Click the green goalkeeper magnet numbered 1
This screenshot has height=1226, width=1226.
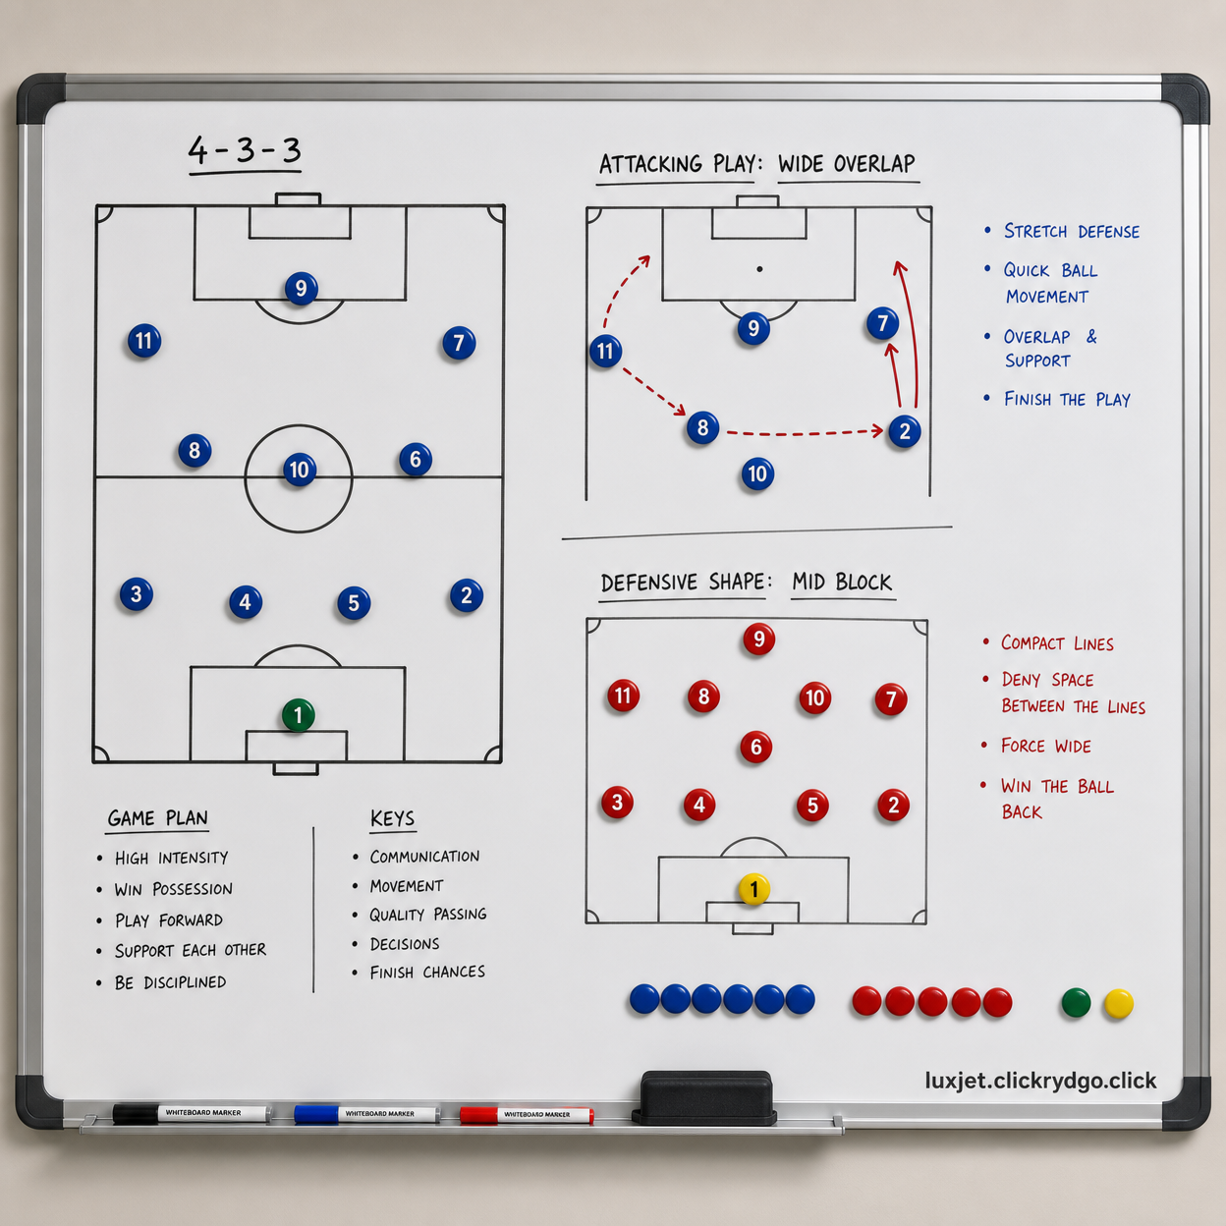click(x=298, y=715)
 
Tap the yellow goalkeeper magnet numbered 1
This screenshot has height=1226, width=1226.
click(x=753, y=889)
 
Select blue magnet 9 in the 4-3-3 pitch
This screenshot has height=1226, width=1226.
click(x=301, y=288)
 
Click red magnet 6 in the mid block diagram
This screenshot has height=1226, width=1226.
click(x=755, y=747)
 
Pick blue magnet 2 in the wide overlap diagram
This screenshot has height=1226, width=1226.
click(x=904, y=431)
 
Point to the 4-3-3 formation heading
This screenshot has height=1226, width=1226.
click(x=245, y=151)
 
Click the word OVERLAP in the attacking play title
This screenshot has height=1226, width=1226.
click(x=874, y=164)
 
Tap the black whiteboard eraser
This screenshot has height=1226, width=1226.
click(x=705, y=1097)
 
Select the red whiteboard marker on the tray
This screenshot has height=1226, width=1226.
click(x=527, y=1114)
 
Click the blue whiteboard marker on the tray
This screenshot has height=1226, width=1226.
click(x=366, y=1113)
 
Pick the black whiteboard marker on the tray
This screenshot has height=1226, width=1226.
click(x=192, y=1113)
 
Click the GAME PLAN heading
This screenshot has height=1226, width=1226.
click(x=158, y=817)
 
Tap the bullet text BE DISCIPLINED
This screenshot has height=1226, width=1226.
click(x=171, y=982)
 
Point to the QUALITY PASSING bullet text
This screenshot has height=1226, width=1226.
click(x=428, y=915)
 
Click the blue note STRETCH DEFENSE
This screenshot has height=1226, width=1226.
click(x=1072, y=231)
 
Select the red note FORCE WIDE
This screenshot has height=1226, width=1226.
click(x=1046, y=746)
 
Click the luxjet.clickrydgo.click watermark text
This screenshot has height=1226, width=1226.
click(x=1041, y=1081)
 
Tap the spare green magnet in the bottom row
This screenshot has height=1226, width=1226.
click(x=1076, y=1002)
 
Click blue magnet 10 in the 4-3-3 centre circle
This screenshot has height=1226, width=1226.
click(x=299, y=470)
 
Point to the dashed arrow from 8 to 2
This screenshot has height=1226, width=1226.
click(x=805, y=433)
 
